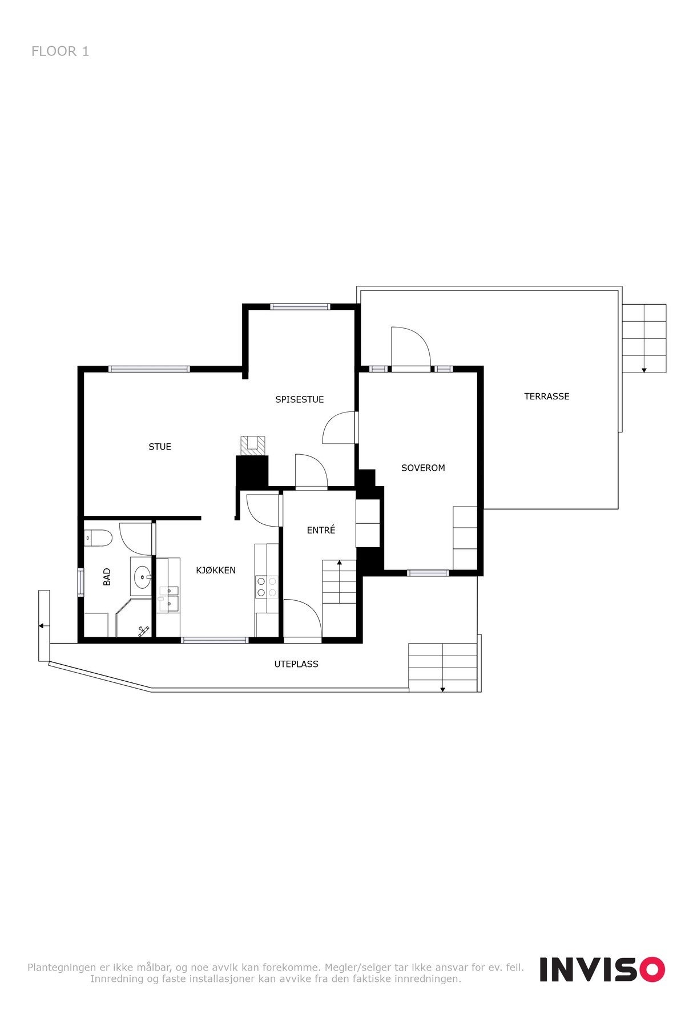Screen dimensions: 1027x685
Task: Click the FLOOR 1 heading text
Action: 60,51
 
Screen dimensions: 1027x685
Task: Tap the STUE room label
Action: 160,447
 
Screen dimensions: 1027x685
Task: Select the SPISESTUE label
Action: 300,399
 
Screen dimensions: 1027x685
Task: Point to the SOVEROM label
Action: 423,468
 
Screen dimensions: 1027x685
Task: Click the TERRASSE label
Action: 547,396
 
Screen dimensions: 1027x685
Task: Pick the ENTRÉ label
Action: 321,530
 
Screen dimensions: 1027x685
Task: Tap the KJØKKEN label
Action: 216,570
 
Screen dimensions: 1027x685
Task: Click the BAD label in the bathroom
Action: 107,577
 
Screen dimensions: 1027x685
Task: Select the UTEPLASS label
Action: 296,664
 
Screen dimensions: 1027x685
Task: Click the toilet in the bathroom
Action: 97,538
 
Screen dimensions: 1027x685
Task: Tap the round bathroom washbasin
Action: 141,577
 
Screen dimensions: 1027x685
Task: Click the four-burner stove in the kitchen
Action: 267,587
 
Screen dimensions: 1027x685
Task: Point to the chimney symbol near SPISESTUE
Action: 252,446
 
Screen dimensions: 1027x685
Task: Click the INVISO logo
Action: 602,969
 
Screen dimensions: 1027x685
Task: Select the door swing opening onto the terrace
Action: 410,346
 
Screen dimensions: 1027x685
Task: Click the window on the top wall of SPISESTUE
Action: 300,306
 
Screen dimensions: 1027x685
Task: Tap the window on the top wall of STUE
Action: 150,369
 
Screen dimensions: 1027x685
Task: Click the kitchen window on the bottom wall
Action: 215,640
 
